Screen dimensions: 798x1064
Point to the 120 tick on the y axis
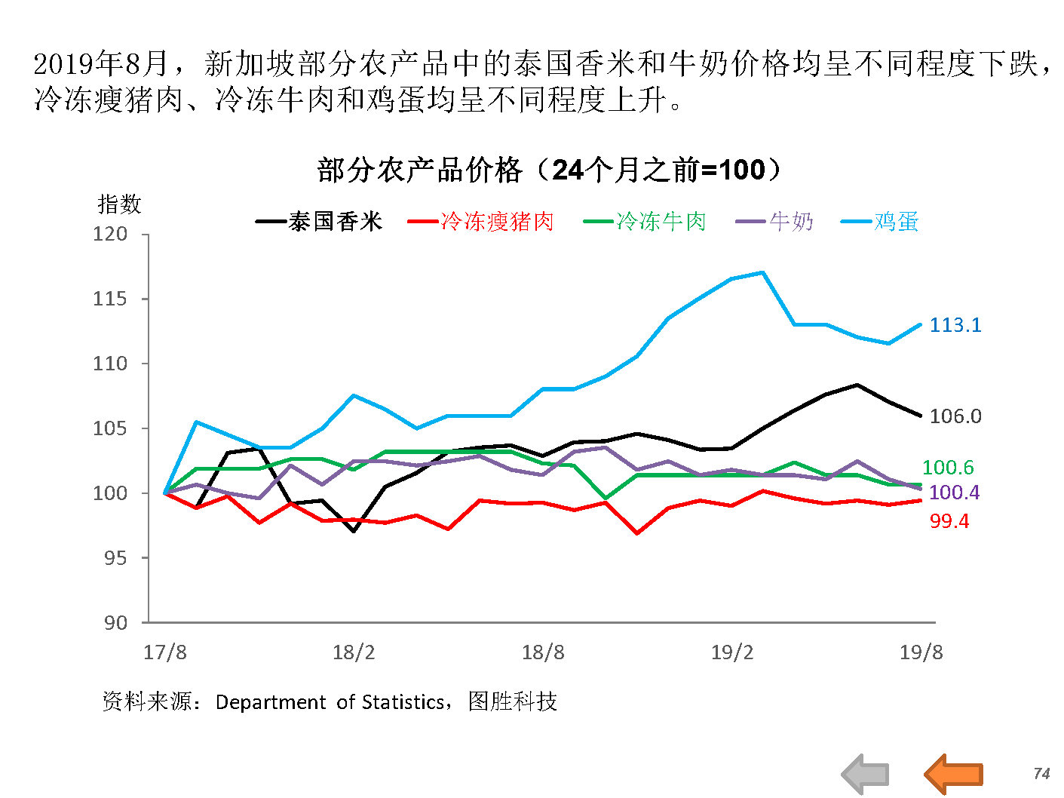coord(110,235)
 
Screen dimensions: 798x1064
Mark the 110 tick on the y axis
coord(110,364)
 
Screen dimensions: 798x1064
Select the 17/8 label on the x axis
coord(165,652)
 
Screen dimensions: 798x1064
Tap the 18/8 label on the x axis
coord(543,652)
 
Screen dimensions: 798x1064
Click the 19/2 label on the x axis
coord(732,652)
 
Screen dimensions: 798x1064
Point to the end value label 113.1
coord(955,325)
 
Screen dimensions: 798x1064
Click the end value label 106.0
coord(955,416)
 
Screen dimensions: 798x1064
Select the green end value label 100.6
coord(948,468)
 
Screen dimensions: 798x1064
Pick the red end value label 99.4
coord(949,521)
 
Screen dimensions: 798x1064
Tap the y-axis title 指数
coord(119,204)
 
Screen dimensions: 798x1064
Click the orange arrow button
coord(954,774)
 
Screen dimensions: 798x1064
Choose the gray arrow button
coord(865,774)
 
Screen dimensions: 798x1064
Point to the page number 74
coord(1041,774)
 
